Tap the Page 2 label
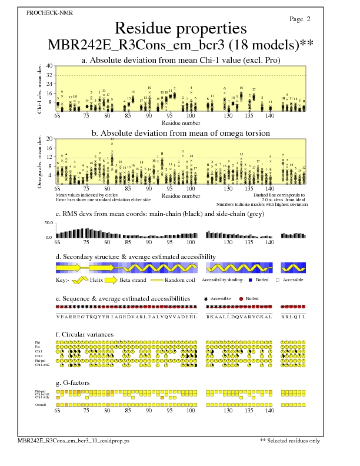tap(300, 19)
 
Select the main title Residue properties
tap(181, 28)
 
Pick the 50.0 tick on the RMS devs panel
tap(49, 223)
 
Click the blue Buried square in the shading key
tap(251, 280)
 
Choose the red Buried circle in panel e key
tap(241, 299)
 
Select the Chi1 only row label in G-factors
tap(43, 397)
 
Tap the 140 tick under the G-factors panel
tap(270, 411)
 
